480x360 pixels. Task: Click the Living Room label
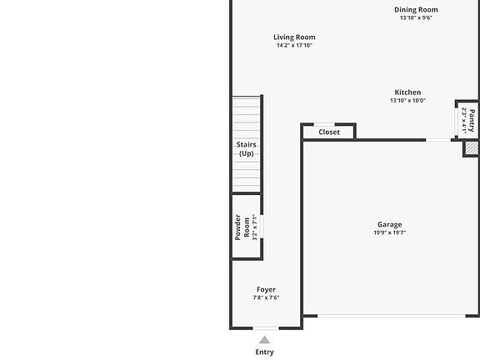[x=294, y=37]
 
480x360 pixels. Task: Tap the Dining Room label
[x=416, y=10]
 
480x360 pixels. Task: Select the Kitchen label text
[x=407, y=92]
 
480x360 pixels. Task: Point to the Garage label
[x=389, y=224]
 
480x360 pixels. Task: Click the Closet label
[x=329, y=132]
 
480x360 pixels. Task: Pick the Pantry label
[x=472, y=120]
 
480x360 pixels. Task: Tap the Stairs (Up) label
[x=246, y=149]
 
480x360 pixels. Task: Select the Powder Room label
[x=242, y=227]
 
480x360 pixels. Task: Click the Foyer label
[x=266, y=289]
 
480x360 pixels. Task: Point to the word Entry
[x=264, y=352]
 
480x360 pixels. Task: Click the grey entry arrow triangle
[x=264, y=339]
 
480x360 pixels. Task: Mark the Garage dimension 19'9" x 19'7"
[x=389, y=233]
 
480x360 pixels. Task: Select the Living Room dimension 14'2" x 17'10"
[x=294, y=46]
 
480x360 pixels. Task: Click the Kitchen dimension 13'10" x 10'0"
[x=407, y=101]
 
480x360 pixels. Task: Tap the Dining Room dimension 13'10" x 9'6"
[x=416, y=18]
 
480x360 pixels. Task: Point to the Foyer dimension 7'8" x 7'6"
[x=266, y=297]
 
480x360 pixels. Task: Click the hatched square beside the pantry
[x=471, y=147]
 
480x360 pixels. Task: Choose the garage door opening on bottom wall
[x=392, y=316]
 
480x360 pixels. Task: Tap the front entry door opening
[x=265, y=327]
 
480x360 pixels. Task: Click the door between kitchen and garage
[x=439, y=139]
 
